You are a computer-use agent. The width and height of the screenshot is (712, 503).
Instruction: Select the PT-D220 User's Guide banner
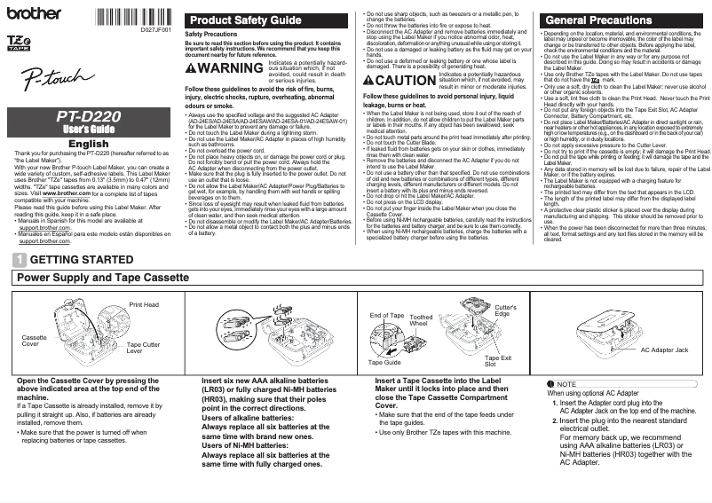point(89,122)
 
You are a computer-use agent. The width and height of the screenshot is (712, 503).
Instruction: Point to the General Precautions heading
point(597,20)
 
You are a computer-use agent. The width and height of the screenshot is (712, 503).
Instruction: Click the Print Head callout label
point(144,304)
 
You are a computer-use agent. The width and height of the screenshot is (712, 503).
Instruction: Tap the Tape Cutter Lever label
point(144,347)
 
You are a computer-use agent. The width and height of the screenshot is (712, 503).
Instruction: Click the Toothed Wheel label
point(422,320)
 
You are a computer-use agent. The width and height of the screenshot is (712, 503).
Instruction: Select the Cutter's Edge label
point(502,310)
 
